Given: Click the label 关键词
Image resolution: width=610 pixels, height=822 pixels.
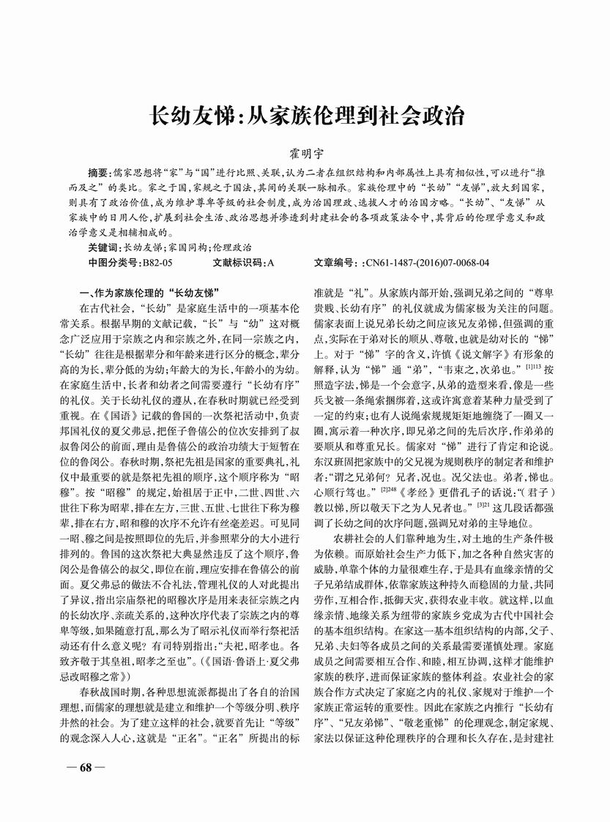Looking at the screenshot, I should point(104,248).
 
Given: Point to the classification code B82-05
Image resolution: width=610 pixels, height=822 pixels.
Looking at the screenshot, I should point(157,261).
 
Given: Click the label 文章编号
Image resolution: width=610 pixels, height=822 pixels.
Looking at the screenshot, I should point(337,261).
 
